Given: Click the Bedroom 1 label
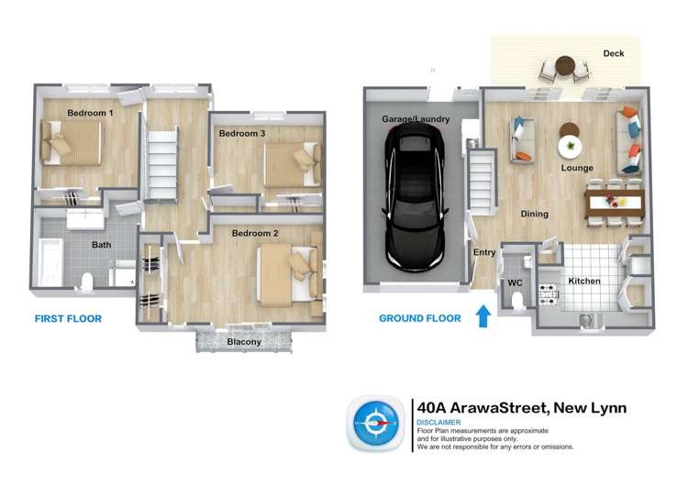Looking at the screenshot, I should tap(91, 114).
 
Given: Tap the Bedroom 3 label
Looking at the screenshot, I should tap(242, 134).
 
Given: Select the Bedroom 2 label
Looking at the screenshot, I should tap(254, 233).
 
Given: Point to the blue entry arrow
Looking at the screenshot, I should tap(483, 317).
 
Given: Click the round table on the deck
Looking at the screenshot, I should tap(566, 67).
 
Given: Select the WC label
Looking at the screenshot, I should tap(515, 283).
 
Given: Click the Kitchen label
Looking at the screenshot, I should tap(584, 281).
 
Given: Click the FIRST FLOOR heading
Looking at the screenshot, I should tap(68, 319).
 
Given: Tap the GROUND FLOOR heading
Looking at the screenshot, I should tap(419, 319).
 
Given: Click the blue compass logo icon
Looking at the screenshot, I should tap(376, 424).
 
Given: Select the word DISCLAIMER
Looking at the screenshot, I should tap(438, 423).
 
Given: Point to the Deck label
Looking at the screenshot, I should tap(614, 54).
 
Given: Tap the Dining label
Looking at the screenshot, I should tap(535, 215).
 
